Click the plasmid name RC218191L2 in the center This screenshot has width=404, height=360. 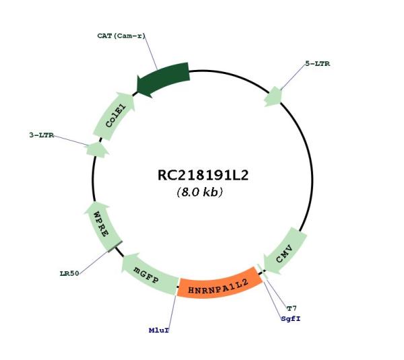[x=203, y=175]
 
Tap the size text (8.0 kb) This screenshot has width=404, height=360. [x=200, y=192]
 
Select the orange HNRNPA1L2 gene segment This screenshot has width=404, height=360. [x=220, y=284]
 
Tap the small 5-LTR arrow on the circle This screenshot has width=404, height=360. [x=273, y=97]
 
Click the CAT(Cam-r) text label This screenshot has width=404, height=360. [x=121, y=36]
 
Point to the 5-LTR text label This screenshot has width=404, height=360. [x=317, y=64]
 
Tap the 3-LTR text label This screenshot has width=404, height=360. [x=42, y=135]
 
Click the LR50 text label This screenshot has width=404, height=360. [x=69, y=273]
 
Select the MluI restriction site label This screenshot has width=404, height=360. [x=159, y=330]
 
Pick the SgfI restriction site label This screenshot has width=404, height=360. [x=291, y=319]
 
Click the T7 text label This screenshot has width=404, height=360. [x=292, y=308]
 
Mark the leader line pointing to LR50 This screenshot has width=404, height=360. [x=94, y=262]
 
